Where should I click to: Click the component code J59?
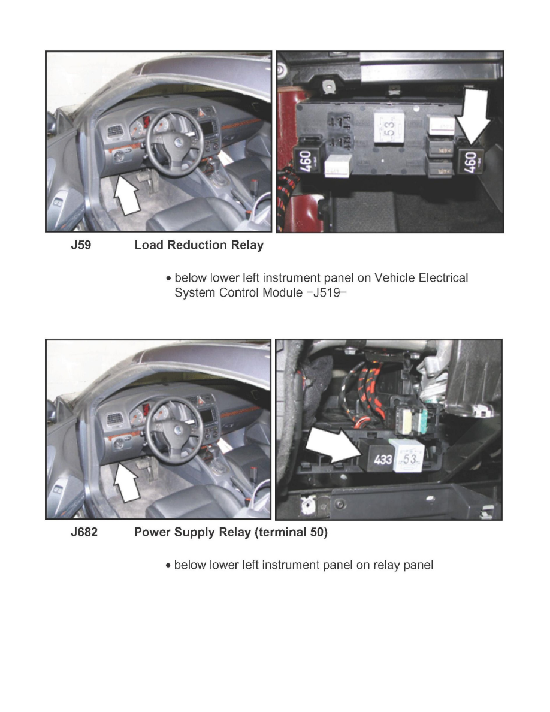coord(81,246)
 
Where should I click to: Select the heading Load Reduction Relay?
coord(198,246)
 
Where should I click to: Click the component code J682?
coord(84,533)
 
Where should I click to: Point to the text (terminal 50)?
coord(291,533)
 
